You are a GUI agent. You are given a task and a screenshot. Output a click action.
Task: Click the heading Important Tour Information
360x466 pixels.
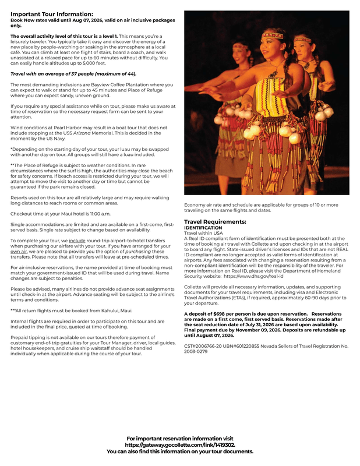[51, 13]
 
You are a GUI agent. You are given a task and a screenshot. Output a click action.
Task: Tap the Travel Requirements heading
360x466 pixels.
[215, 222]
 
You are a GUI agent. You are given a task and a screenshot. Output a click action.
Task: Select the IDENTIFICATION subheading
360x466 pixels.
[202, 228]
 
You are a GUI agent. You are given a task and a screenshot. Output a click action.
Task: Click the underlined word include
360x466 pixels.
[77, 240]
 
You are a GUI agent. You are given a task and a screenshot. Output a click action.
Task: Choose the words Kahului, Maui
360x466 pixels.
[117, 310]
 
